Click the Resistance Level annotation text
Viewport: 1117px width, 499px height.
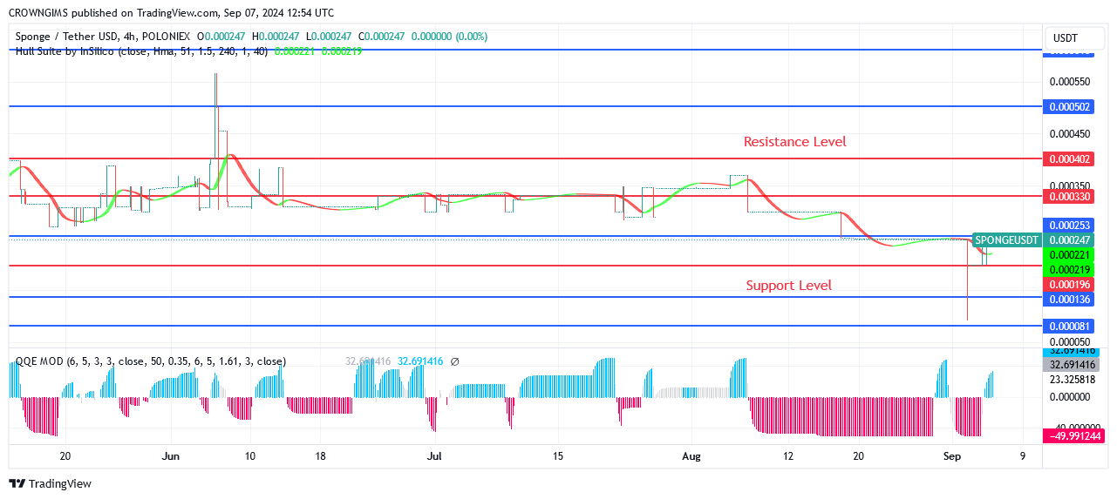(x=794, y=141)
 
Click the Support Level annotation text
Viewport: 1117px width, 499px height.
(x=788, y=285)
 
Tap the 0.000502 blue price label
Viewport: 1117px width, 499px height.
(x=1070, y=106)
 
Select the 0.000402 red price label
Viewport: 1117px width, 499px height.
(x=1070, y=159)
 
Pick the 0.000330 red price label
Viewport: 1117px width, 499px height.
(x=1070, y=196)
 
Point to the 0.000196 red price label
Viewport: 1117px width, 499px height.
(x=1070, y=284)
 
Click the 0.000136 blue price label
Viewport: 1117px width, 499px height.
(x=1070, y=300)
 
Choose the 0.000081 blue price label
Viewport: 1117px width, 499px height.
(x=1070, y=326)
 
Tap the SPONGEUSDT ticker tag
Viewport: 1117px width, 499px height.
(x=1006, y=239)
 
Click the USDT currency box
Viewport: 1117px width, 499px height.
(x=1066, y=38)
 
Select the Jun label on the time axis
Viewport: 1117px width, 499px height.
(x=171, y=455)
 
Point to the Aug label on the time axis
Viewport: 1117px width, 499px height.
(x=691, y=455)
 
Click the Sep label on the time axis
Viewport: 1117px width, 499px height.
(x=952, y=455)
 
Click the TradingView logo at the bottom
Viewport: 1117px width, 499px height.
(x=50, y=484)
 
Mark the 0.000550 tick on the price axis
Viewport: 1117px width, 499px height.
(x=1070, y=82)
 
